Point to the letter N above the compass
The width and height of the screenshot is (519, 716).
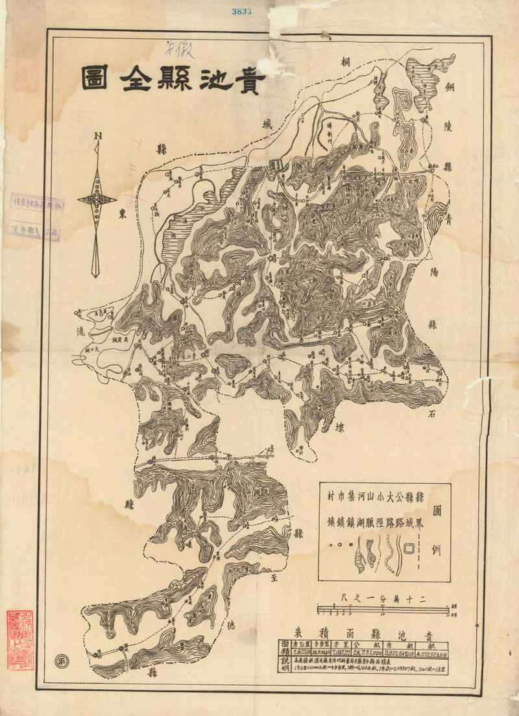(x=97, y=136)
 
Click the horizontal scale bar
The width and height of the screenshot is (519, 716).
(x=383, y=610)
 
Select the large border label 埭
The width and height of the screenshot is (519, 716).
(x=341, y=427)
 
